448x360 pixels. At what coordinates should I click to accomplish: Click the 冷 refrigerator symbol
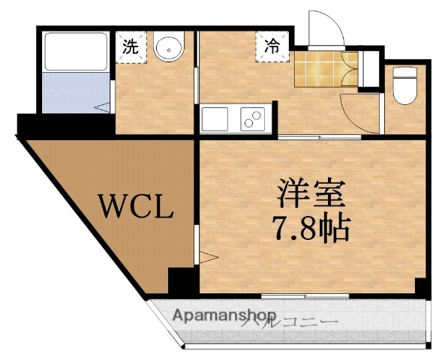[x=271, y=45]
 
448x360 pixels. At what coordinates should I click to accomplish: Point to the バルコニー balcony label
[x=293, y=323]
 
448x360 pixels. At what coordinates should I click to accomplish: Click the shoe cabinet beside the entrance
[x=367, y=70]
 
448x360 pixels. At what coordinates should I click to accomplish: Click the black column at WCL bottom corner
[x=181, y=281]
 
